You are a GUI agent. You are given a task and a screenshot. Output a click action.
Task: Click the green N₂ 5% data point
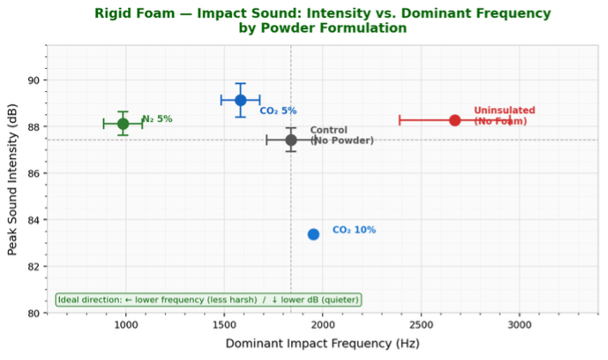coord(124,124)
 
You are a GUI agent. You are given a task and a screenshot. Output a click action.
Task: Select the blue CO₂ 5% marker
coord(240,101)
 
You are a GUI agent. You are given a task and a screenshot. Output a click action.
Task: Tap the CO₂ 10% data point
coord(313,234)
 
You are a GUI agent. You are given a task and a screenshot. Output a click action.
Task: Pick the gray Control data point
coord(291,140)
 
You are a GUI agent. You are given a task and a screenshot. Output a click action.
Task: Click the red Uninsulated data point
coord(454,120)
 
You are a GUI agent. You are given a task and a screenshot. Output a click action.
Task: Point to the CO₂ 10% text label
coord(354,230)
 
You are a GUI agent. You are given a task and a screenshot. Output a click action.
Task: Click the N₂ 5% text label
coord(157,119)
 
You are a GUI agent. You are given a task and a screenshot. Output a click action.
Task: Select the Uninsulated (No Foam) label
coord(504,116)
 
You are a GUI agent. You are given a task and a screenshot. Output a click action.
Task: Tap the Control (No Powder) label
coord(342,136)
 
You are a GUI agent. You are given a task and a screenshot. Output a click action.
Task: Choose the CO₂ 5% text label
coord(278,111)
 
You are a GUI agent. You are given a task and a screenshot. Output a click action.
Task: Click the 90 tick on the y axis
coord(32,81)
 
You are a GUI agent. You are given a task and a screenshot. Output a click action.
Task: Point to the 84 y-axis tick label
coord(32,221)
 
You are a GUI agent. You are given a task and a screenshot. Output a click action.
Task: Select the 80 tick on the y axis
coord(32,314)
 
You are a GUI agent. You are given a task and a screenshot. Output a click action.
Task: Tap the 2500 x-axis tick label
coord(421,326)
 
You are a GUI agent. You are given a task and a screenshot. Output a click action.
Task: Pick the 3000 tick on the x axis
coord(519,326)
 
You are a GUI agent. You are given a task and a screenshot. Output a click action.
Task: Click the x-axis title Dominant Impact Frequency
coord(322,344)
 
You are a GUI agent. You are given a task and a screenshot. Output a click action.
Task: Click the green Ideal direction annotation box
coord(208,300)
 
